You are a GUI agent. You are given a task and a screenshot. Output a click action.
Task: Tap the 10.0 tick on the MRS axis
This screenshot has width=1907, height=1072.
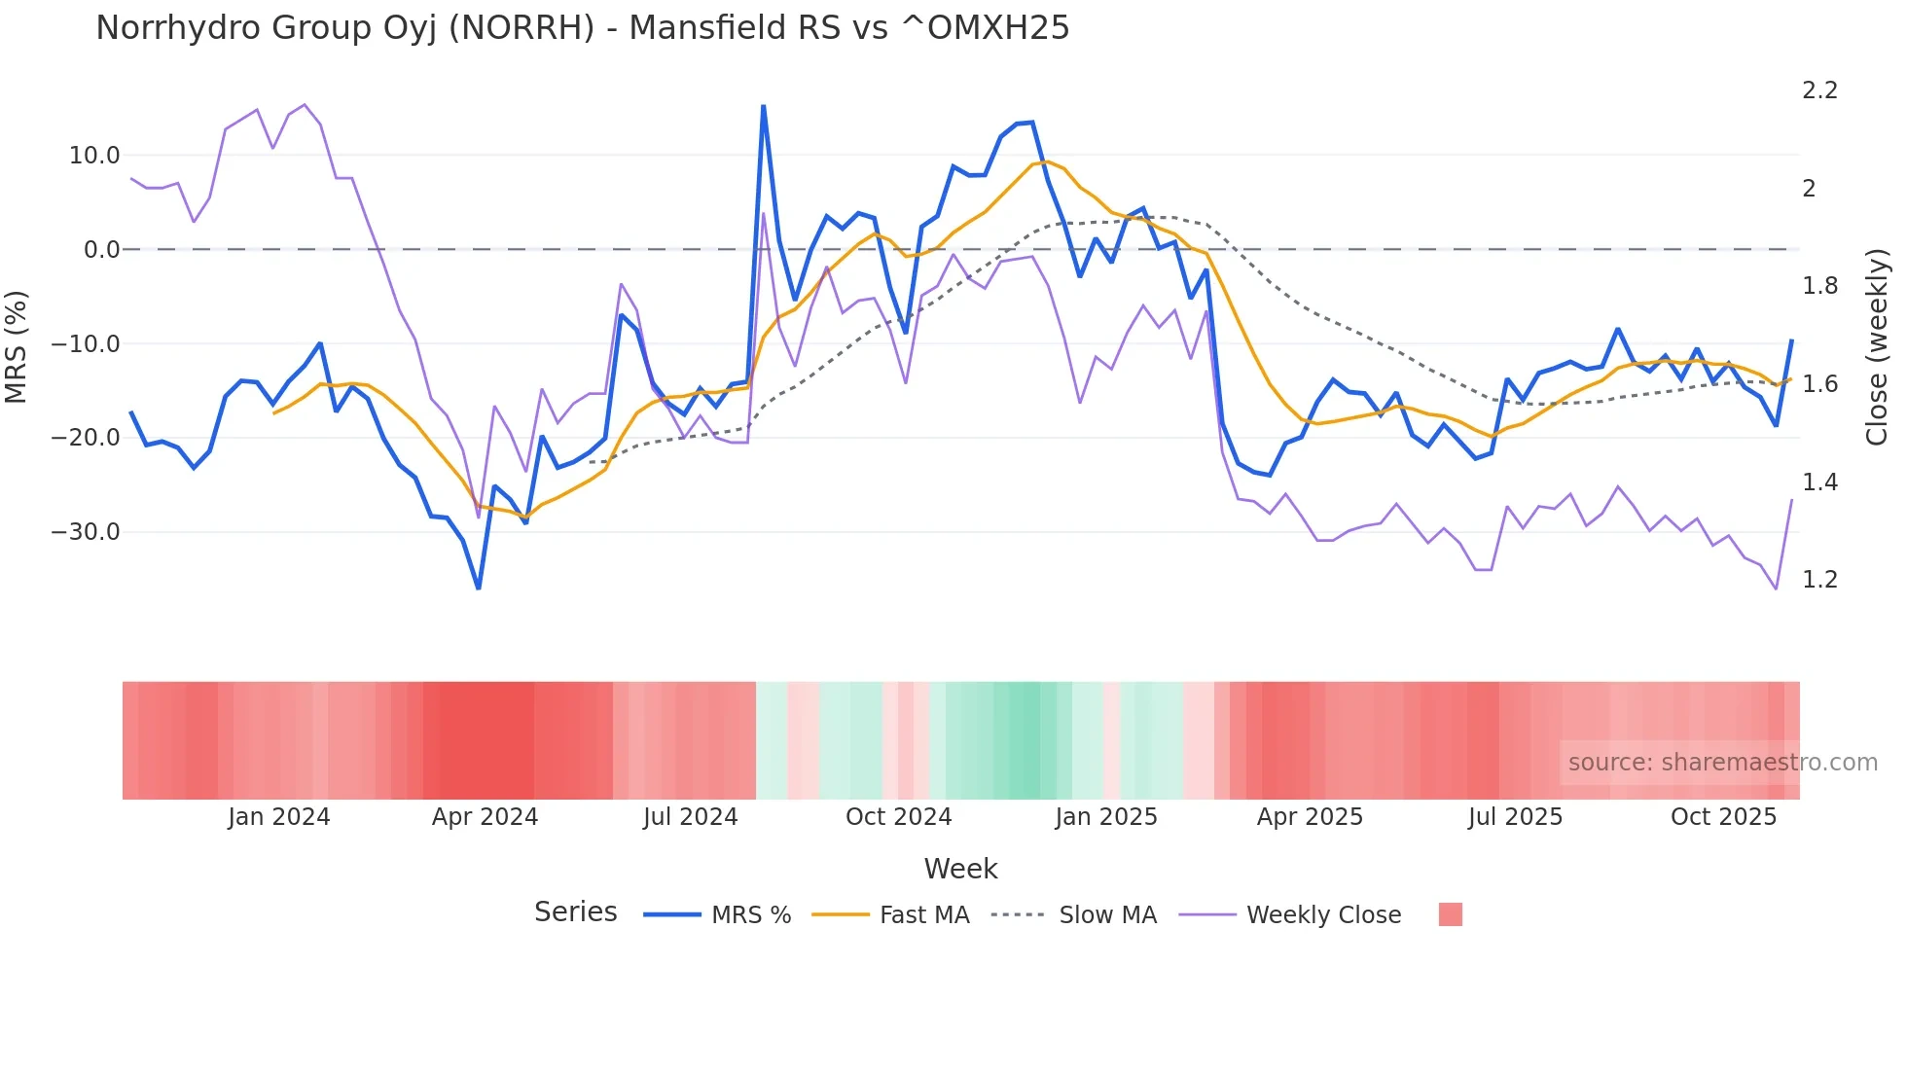coord(94,156)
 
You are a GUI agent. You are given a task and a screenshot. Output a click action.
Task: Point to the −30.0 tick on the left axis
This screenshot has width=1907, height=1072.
coord(86,532)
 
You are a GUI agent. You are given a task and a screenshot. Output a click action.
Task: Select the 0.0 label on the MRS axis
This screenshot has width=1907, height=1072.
coord(101,250)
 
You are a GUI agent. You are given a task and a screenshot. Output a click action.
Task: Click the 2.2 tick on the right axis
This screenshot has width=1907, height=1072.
coord(1819,90)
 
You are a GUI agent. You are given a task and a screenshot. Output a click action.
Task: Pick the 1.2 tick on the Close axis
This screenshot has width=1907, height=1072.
coord(1819,580)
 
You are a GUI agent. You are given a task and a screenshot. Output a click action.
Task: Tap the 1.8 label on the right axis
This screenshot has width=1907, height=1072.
coord(1819,286)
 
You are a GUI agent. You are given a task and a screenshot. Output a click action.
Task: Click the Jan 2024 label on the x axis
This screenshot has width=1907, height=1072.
coord(279,817)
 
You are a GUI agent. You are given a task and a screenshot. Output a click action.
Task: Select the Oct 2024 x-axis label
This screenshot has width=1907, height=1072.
coord(898,817)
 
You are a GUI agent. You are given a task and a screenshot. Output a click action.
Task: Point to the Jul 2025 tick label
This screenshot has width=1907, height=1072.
coord(1515,817)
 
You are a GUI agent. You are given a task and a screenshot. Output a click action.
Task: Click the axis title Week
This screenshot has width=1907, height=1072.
coord(960,869)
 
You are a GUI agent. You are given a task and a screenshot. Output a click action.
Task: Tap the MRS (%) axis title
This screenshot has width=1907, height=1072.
coord(17,346)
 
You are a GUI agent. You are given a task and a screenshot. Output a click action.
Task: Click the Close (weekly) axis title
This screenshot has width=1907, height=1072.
coord(1877,346)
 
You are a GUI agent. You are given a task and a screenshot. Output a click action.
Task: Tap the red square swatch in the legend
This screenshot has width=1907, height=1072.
coord(1450,914)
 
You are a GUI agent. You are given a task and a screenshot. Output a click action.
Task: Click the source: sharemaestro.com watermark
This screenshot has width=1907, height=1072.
coord(1722,763)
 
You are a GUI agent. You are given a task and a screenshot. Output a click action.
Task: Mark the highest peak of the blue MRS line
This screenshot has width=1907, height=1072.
coord(763,106)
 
